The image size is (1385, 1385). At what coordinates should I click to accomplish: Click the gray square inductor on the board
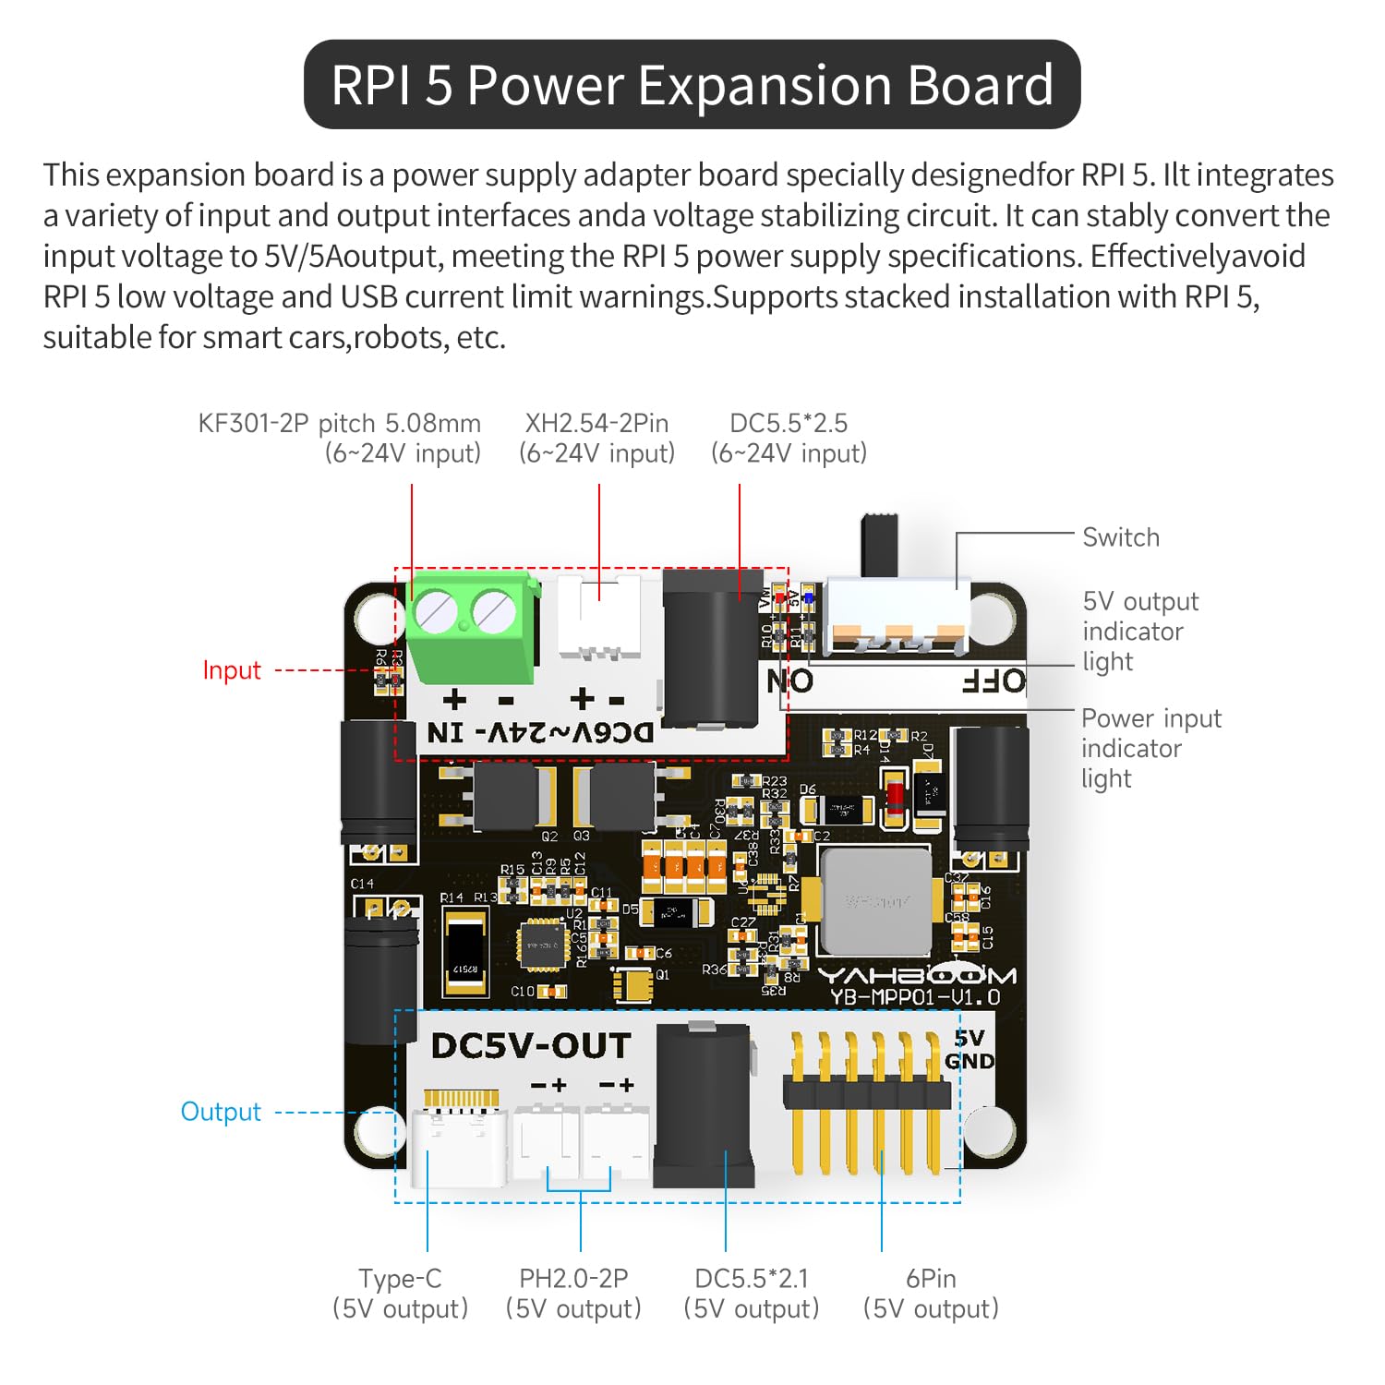click(875, 901)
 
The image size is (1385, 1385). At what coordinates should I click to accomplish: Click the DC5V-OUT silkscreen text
click(531, 1046)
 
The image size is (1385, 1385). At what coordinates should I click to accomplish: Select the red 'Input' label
click(232, 670)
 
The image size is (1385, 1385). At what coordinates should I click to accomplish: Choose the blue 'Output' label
click(221, 1112)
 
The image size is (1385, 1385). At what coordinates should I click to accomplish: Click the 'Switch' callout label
click(1120, 537)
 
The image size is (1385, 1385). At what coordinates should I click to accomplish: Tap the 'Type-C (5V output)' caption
click(400, 1293)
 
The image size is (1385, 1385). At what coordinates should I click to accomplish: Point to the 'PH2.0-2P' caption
click(573, 1279)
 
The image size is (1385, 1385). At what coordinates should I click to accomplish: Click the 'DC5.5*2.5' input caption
click(789, 423)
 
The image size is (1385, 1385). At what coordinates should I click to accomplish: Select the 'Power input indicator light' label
click(1150, 748)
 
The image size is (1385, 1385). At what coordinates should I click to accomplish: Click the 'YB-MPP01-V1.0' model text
click(914, 998)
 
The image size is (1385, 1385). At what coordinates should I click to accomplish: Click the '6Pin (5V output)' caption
click(931, 1293)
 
